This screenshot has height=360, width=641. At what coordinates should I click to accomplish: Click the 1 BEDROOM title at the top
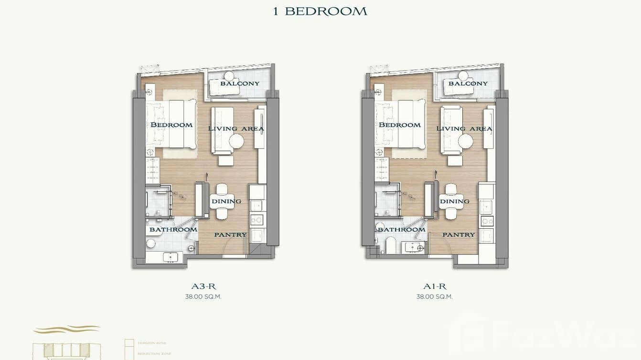coord(320,11)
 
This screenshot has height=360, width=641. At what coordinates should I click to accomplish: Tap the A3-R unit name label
coord(203,286)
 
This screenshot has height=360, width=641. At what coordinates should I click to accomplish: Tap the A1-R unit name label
coord(434,286)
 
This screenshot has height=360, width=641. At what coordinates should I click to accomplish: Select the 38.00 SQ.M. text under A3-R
coord(203,296)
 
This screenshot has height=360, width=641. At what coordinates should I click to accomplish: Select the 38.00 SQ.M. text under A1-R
coord(434,296)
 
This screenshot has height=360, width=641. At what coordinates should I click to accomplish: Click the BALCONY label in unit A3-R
coord(240,83)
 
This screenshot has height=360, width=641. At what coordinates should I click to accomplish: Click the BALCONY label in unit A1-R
coord(468,83)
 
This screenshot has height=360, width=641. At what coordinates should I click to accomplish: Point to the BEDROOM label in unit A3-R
coord(171,125)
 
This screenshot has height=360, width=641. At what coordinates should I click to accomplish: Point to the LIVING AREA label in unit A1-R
coord(464,128)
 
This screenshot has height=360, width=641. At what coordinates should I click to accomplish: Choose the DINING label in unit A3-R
coord(226,201)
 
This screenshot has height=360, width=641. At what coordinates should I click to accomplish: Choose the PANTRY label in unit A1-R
coord(459,234)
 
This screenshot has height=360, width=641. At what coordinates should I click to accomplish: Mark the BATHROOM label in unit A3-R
coord(173,230)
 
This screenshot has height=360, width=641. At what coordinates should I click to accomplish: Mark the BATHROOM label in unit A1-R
coord(402,230)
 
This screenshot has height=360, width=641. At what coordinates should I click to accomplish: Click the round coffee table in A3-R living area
coord(236,141)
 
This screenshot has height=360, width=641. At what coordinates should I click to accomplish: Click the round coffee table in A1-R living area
coord(465,141)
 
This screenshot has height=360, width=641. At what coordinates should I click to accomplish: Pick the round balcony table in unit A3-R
coord(229,75)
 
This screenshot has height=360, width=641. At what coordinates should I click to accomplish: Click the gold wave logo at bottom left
coord(66,329)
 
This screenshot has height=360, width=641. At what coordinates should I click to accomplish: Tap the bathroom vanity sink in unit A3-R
coord(170,257)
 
